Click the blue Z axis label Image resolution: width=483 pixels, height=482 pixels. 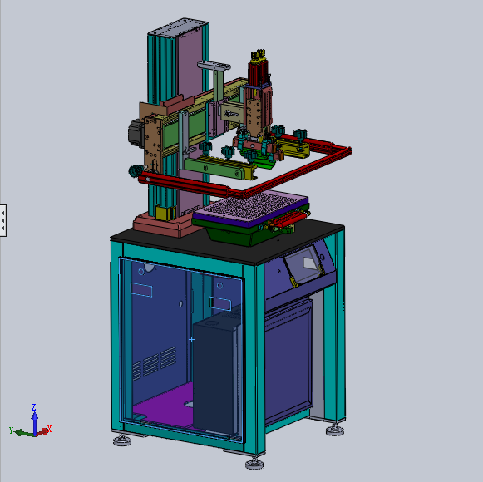point(33,407)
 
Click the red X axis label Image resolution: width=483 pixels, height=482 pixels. point(49,429)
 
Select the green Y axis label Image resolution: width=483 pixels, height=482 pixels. point(11,430)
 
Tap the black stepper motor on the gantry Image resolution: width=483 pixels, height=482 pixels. point(135,133)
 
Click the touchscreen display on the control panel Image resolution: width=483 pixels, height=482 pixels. point(303,264)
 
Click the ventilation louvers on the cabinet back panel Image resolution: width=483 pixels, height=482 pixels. point(155,363)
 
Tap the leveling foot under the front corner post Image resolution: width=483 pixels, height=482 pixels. point(254,464)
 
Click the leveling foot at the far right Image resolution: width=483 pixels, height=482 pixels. point(335,430)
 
